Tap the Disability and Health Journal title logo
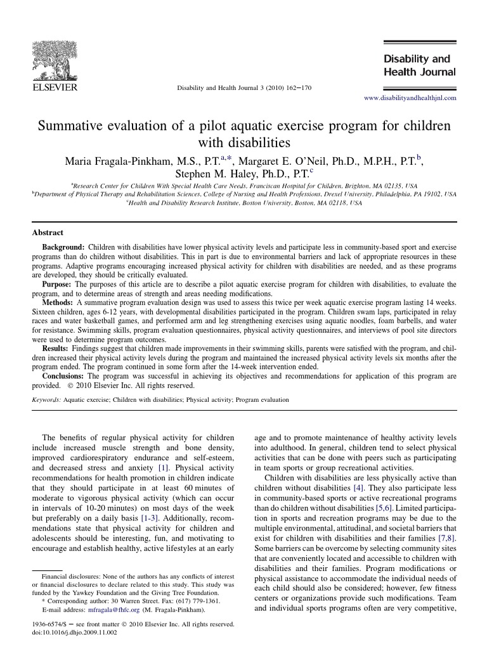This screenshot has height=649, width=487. point(419,65)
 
